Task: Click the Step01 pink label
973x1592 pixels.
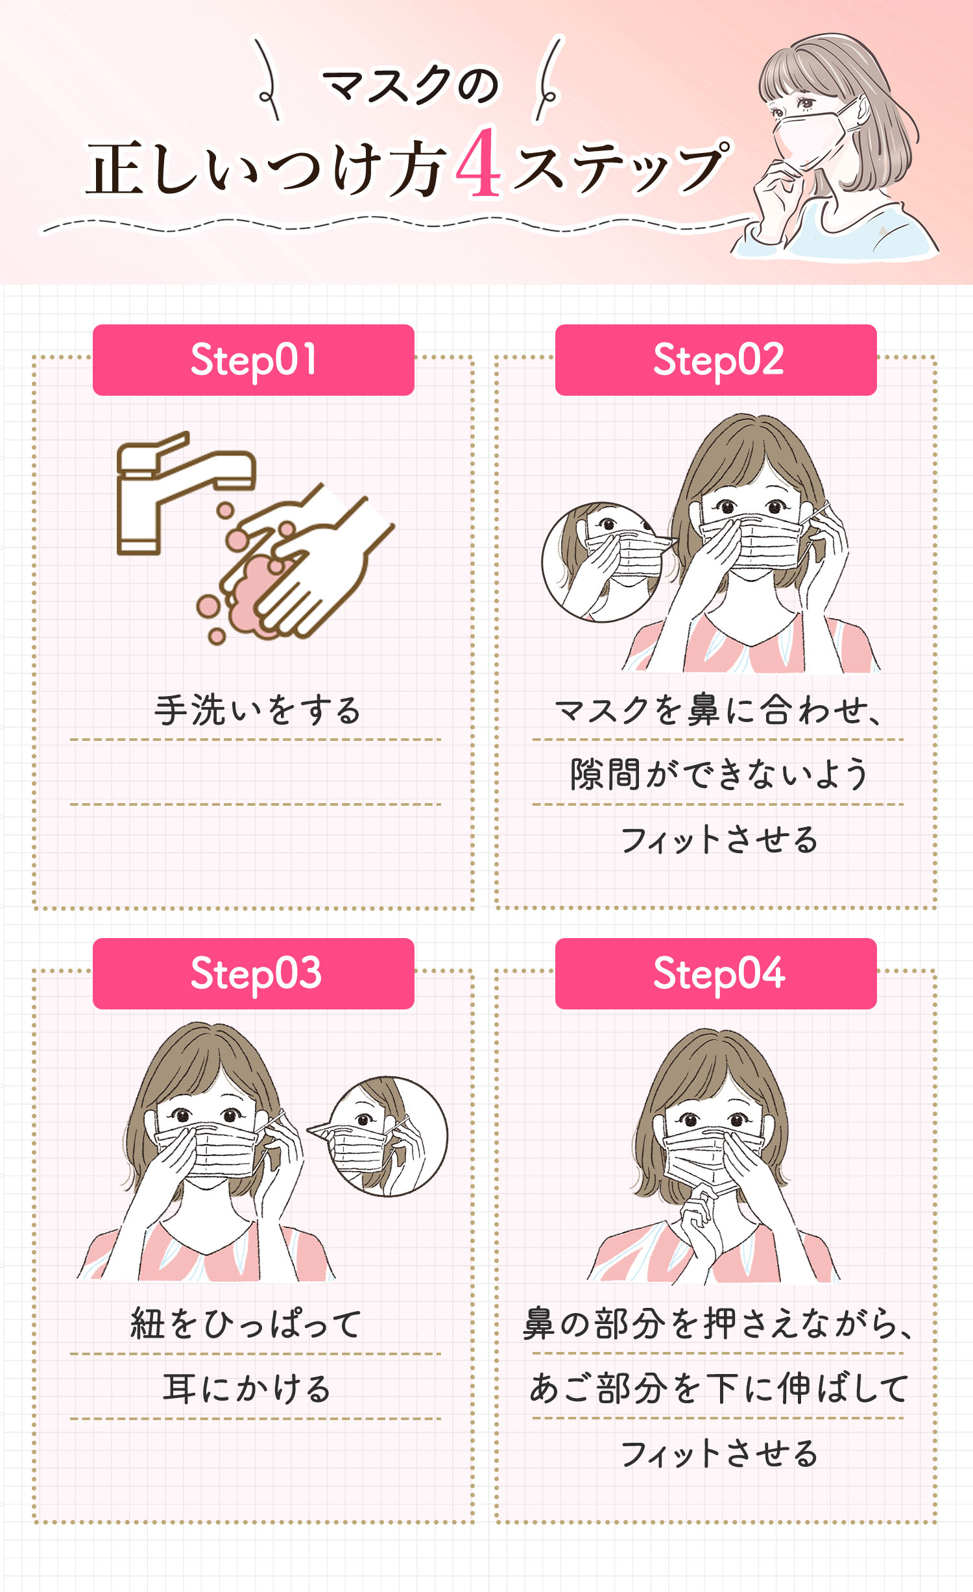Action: click(253, 360)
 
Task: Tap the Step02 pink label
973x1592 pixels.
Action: click(715, 360)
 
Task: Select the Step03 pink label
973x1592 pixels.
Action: click(253, 974)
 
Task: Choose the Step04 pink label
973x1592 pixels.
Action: click(715, 974)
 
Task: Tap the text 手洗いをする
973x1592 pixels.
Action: click(257, 710)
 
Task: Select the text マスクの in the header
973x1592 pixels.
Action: click(410, 86)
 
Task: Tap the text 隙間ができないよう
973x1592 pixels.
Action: click(718, 775)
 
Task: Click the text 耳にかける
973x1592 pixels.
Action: click(246, 1388)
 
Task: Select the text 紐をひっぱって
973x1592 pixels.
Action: click(246, 1323)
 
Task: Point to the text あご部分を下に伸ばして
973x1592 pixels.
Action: click(718, 1388)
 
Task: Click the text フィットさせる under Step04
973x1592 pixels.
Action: click(719, 1453)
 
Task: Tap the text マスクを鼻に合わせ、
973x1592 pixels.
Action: click(718, 710)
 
